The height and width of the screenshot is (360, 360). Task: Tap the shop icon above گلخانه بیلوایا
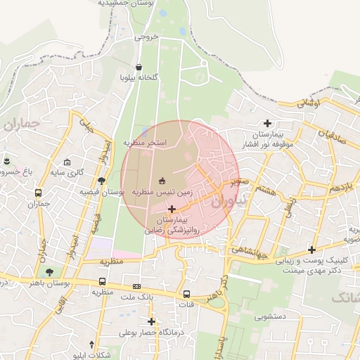tap(137, 67)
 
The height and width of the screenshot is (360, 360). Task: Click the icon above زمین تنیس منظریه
tap(162, 181)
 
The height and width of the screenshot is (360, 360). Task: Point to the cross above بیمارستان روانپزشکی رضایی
tap(172, 209)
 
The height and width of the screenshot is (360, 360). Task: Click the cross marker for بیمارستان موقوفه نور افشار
tap(267, 123)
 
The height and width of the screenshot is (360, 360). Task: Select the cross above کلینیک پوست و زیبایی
tap(311, 250)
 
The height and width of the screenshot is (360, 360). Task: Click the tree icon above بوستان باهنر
tap(49, 272)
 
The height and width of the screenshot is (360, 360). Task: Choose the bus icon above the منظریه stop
tap(103, 282)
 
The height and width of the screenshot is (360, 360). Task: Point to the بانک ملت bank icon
tap(136, 286)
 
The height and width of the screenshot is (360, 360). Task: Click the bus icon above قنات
tap(186, 295)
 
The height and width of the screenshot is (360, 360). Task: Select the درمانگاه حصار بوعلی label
tap(148, 332)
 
